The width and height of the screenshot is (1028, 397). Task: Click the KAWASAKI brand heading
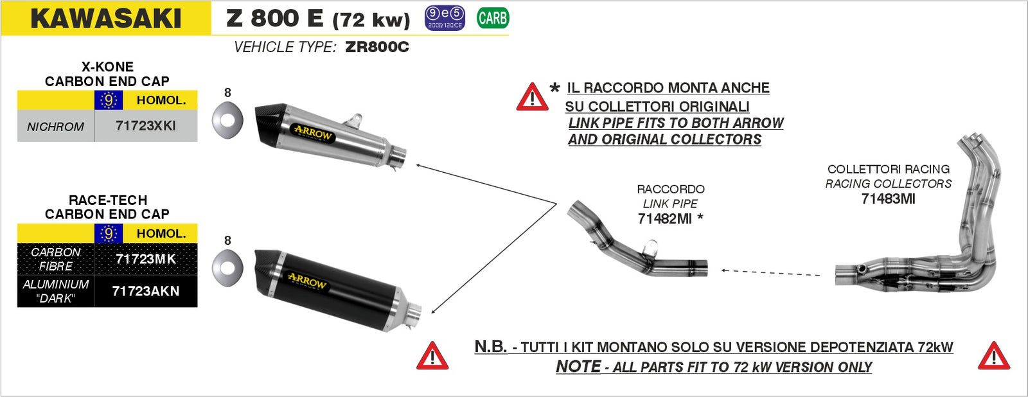tap(106, 19)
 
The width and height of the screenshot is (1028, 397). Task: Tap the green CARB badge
tap(493, 18)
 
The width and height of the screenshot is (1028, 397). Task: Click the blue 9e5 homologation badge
tap(445, 18)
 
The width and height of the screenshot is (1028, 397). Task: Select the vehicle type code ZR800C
tap(377, 47)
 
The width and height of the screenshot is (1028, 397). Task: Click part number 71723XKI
tap(146, 126)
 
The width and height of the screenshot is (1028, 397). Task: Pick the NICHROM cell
tap(55, 127)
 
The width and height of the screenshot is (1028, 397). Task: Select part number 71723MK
tap(146, 259)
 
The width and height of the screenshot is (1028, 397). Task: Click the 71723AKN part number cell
tap(146, 291)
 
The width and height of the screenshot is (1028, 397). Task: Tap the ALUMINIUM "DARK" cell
tap(56, 291)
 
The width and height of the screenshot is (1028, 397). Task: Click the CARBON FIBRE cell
tap(56, 259)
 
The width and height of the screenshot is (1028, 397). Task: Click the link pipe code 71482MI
tap(665, 219)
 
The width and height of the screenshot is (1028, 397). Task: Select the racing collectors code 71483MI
tap(888, 199)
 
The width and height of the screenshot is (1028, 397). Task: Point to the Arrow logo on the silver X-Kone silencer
tap(313, 133)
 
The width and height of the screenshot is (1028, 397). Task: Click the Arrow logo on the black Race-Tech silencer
tap(307, 281)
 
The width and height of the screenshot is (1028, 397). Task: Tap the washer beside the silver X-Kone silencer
tap(227, 120)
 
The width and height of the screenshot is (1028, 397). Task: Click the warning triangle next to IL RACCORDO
tap(532, 98)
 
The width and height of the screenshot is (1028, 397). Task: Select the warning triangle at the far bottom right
tap(993, 357)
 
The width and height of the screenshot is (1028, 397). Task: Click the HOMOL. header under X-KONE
tap(161, 100)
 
